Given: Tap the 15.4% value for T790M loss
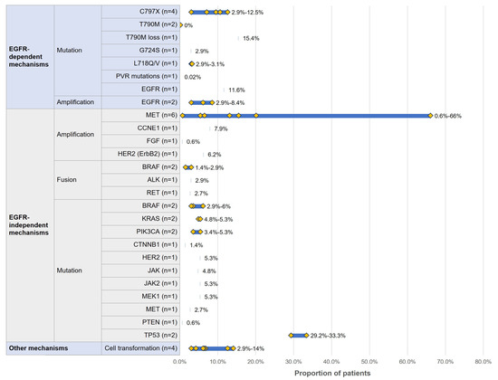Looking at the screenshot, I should [251, 38].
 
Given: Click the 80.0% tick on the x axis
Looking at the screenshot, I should [483, 359].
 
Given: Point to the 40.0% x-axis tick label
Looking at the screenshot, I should [331, 359].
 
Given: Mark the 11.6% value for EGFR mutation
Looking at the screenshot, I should [236, 90].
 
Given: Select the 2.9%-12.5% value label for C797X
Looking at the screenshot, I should [247, 12].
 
